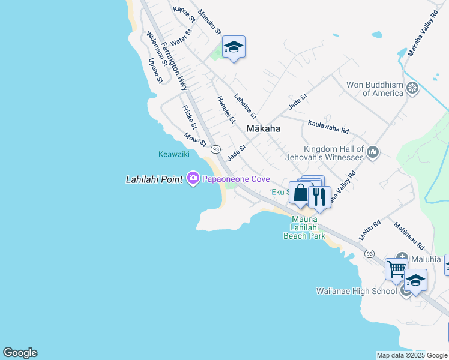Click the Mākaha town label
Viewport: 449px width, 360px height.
tap(264, 128)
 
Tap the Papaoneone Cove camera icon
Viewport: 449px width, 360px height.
tap(193, 178)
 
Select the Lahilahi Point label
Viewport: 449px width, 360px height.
tap(154, 179)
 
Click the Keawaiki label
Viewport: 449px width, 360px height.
tap(174, 154)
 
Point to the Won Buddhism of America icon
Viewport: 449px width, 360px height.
tap(412, 89)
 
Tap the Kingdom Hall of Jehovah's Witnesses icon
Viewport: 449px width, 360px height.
tap(372, 152)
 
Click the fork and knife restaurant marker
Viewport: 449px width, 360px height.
tap(319, 196)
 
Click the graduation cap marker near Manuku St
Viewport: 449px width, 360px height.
tap(234, 47)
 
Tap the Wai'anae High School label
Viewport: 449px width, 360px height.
tap(357, 291)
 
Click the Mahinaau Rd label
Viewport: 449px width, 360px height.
tap(409, 236)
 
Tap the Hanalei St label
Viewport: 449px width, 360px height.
tap(226, 109)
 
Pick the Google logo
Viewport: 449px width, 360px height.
tap(20, 353)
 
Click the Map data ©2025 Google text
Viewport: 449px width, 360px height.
tap(412, 355)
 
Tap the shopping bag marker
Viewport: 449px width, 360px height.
tap(300, 193)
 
